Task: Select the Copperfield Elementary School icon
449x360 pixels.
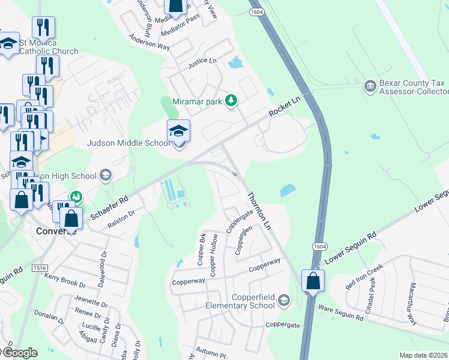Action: [284, 300]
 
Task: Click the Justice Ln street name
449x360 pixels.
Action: [202, 61]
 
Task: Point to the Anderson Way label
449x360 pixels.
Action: [149, 41]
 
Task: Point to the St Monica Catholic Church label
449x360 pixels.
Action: [48, 47]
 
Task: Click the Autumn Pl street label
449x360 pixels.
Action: [214, 355]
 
